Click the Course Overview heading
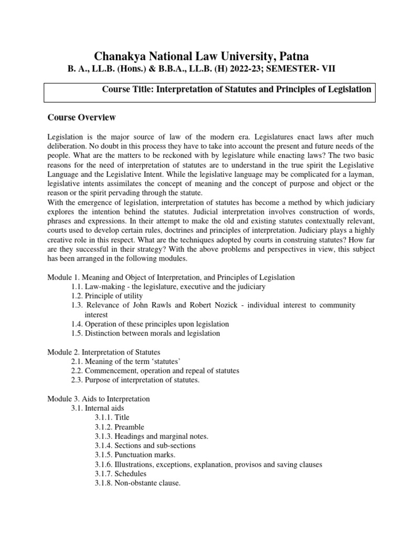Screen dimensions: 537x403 coord(81,117)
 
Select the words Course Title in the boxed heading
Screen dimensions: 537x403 coord(125,89)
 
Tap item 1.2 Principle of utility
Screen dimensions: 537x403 coord(107,296)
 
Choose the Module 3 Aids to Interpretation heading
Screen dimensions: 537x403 coord(99,399)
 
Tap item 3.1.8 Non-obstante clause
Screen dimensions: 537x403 coord(137,484)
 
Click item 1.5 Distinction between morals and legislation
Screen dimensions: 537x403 coord(145,334)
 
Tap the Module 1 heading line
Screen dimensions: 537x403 coord(171,277)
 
